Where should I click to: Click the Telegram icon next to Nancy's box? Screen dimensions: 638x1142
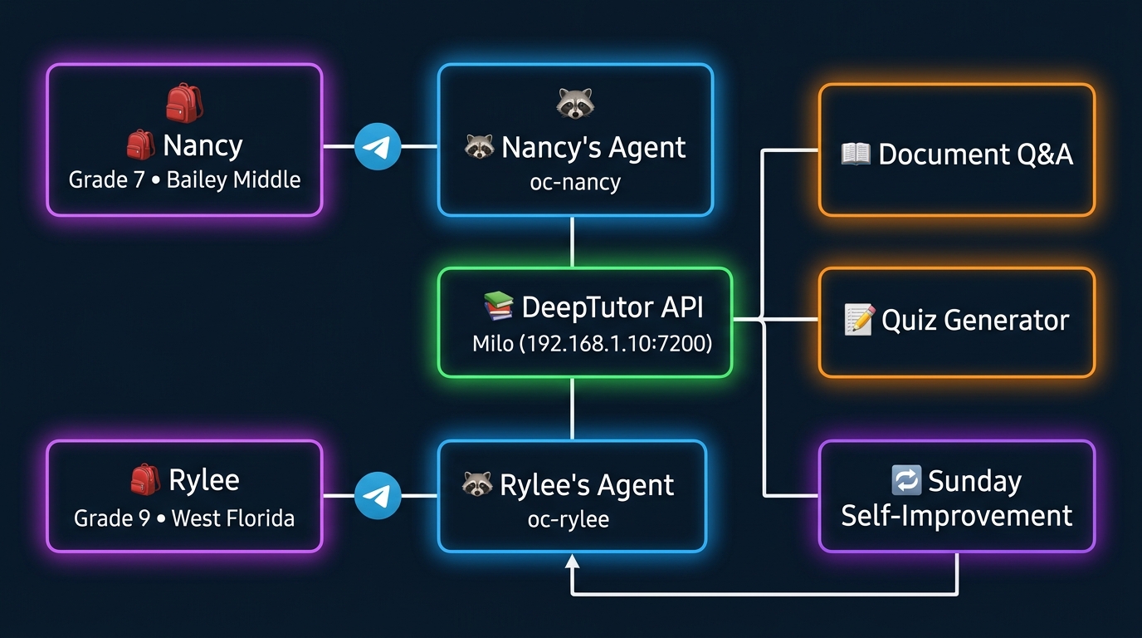[378, 147]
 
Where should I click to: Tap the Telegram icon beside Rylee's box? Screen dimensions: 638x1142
[378, 496]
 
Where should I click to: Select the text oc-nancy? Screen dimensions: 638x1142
[575, 182]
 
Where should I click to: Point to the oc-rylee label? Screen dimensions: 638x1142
[569, 520]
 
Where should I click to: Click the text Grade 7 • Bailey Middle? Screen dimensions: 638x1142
[184, 179]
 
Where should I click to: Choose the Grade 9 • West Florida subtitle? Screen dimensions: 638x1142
[184, 518]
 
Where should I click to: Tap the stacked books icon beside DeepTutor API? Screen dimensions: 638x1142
[498, 307]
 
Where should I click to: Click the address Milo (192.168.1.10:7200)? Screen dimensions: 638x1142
[592, 343]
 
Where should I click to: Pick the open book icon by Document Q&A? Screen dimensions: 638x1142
[855, 154]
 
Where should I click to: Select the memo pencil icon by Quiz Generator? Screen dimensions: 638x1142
[858, 320]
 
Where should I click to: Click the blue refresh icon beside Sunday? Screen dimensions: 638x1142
[905, 480]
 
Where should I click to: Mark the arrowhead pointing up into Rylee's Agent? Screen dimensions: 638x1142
[572, 563]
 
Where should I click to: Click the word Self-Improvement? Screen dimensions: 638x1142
[957, 516]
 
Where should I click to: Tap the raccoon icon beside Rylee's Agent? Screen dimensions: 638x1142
[477, 484]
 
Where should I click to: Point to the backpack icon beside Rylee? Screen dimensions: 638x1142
[144, 479]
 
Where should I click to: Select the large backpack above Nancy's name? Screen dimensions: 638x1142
[184, 103]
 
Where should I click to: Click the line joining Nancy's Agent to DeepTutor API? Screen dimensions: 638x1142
[572, 242]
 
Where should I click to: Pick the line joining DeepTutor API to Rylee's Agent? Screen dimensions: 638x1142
[572, 409]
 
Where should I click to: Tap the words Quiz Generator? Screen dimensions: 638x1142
[975, 321]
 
